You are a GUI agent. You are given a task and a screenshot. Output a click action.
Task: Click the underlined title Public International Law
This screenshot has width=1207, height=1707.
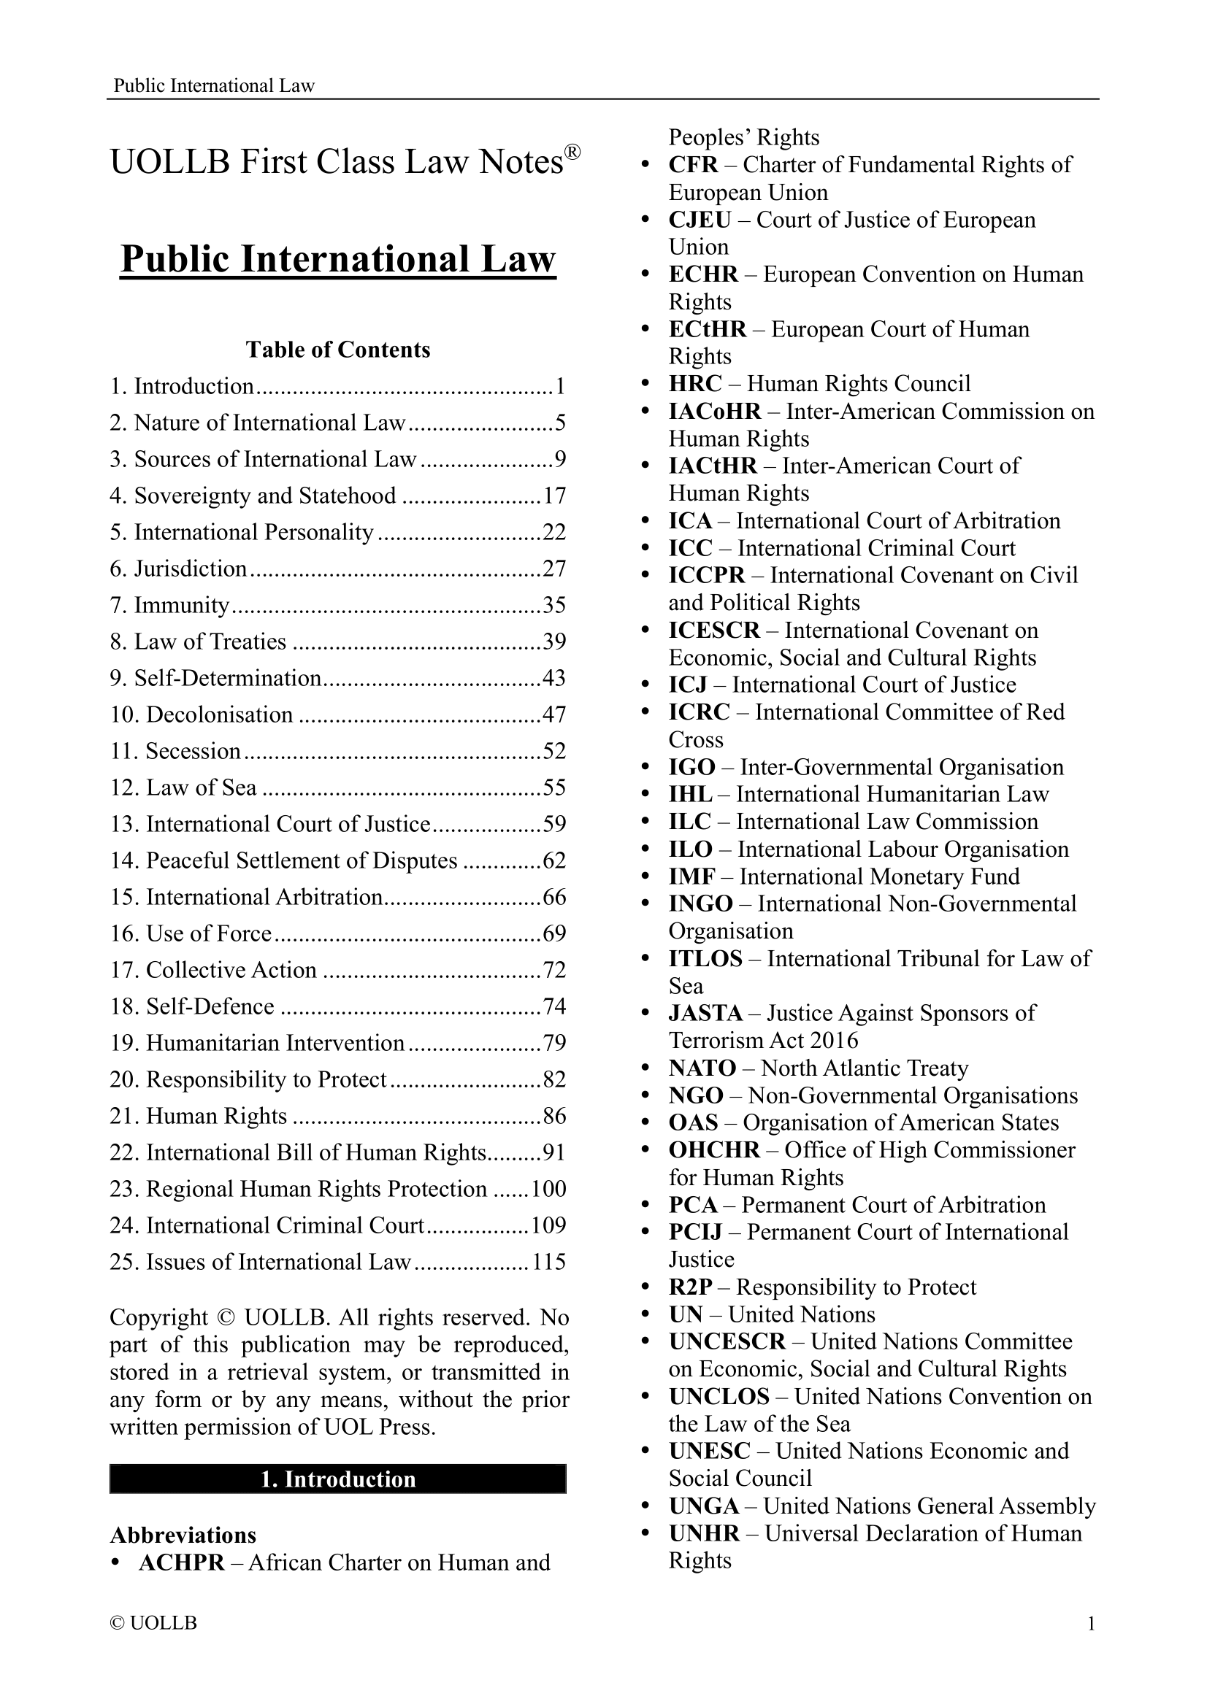pos(337,259)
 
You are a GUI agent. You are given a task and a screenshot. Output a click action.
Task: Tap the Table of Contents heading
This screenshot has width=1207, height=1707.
pos(337,350)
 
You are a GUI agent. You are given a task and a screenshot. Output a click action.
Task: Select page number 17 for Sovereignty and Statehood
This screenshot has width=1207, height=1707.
pos(554,496)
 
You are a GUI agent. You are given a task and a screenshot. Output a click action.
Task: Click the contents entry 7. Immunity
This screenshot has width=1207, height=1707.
pos(169,605)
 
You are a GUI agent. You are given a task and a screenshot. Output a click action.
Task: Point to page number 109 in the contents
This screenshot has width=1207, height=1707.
pos(549,1225)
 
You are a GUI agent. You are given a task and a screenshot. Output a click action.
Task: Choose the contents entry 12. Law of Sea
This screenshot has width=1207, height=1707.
pos(183,788)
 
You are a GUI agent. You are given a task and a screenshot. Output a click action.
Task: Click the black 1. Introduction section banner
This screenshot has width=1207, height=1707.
pos(337,1479)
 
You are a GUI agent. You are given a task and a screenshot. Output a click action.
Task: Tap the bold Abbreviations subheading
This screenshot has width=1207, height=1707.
pos(183,1535)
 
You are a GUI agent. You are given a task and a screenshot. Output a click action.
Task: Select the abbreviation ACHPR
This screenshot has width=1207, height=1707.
pos(182,1562)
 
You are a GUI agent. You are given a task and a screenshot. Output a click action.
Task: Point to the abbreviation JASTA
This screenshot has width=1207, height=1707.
pos(705,1014)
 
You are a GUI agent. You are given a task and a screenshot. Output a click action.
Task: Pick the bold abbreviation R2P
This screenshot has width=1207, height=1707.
pos(690,1287)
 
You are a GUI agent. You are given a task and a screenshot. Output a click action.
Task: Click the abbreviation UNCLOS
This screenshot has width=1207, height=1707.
pos(719,1396)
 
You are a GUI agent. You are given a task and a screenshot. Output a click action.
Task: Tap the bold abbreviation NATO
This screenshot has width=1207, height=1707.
pos(702,1068)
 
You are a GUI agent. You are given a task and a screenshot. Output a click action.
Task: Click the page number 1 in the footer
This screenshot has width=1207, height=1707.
pos(1091,1624)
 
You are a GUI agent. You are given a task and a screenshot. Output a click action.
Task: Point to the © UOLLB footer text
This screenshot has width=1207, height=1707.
pos(153,1623)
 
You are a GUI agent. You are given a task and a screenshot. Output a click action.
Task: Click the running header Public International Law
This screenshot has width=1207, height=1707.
pos(214,85)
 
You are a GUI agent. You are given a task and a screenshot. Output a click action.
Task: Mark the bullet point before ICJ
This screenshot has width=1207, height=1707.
pos(645,685)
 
